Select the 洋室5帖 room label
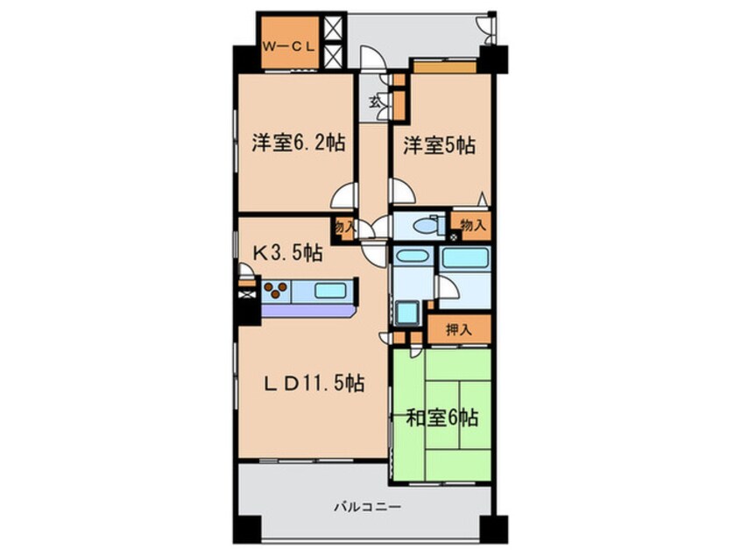point(439,145)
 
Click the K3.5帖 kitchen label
point(287,254)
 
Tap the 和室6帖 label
point(441,418)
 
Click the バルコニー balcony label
point(367,506)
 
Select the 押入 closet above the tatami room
point(458,330)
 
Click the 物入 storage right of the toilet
point(471,225)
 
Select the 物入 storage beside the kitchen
point(343,226)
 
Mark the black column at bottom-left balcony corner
point(246,530)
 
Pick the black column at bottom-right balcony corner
point(497,530)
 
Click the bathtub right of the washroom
point(464,258)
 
